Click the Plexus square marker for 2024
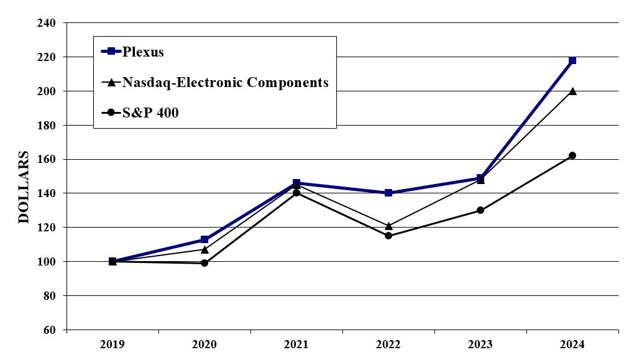pos(572,60)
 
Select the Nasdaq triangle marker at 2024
pos(572,91)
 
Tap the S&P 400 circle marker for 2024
pos(572,155)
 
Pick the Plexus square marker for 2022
pos(388,193)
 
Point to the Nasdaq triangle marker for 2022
pos(388,226)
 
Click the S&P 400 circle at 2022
pos(388,236)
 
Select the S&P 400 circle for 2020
pos(204,263)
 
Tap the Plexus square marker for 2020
pos(204,239)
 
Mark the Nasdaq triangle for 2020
pos(204,249)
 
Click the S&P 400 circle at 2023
pos(480,210)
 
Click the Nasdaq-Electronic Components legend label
pos(225,82)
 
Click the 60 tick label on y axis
pos(50,330)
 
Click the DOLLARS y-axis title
pos(23,187)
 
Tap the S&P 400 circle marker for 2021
pos(296,193)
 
